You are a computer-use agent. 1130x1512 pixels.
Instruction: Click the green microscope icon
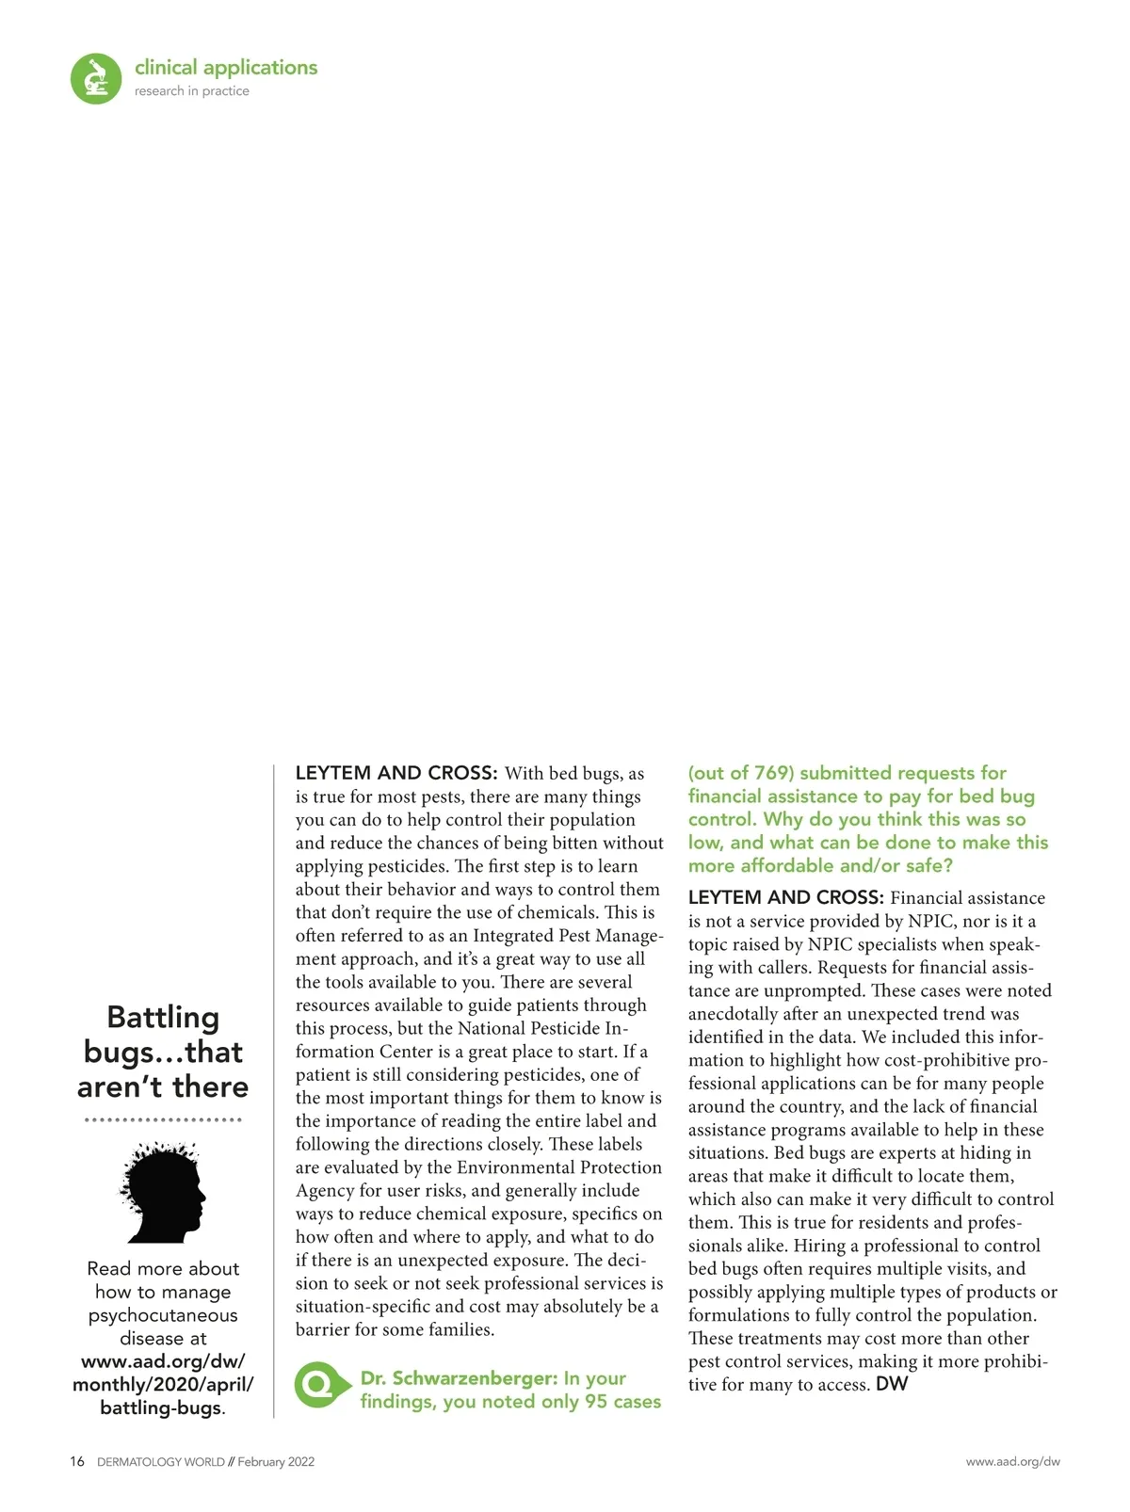tap(96, 78)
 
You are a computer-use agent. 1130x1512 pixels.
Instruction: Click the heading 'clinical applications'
tap(226, 68)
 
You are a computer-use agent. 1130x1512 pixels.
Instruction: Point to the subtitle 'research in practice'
tap(192, 91)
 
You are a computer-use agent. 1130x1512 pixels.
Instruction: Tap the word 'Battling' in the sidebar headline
tap(163, 1018)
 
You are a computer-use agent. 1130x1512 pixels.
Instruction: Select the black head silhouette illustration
tap(164, 1193)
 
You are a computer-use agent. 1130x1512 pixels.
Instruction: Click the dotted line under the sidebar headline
tap(163, 1120)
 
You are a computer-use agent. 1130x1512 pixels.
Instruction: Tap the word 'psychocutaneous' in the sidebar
tap(163, 1315)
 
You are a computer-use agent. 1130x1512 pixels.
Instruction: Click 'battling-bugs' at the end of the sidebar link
tap(161, 1408)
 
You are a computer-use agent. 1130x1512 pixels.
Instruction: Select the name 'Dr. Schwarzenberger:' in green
tap(460, 1378)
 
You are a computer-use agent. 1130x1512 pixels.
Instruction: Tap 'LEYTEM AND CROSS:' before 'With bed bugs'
tap(396, 773)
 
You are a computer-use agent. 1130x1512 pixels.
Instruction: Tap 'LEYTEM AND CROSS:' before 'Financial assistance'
tap(786, 897)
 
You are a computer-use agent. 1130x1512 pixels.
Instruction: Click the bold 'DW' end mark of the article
tap(892, 1384)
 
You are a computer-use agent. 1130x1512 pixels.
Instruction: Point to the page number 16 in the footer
tap(77, 1462)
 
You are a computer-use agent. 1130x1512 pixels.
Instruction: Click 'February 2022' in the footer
tap(276, 1462)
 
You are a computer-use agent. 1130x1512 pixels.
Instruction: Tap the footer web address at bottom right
tap(1012, 1462)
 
